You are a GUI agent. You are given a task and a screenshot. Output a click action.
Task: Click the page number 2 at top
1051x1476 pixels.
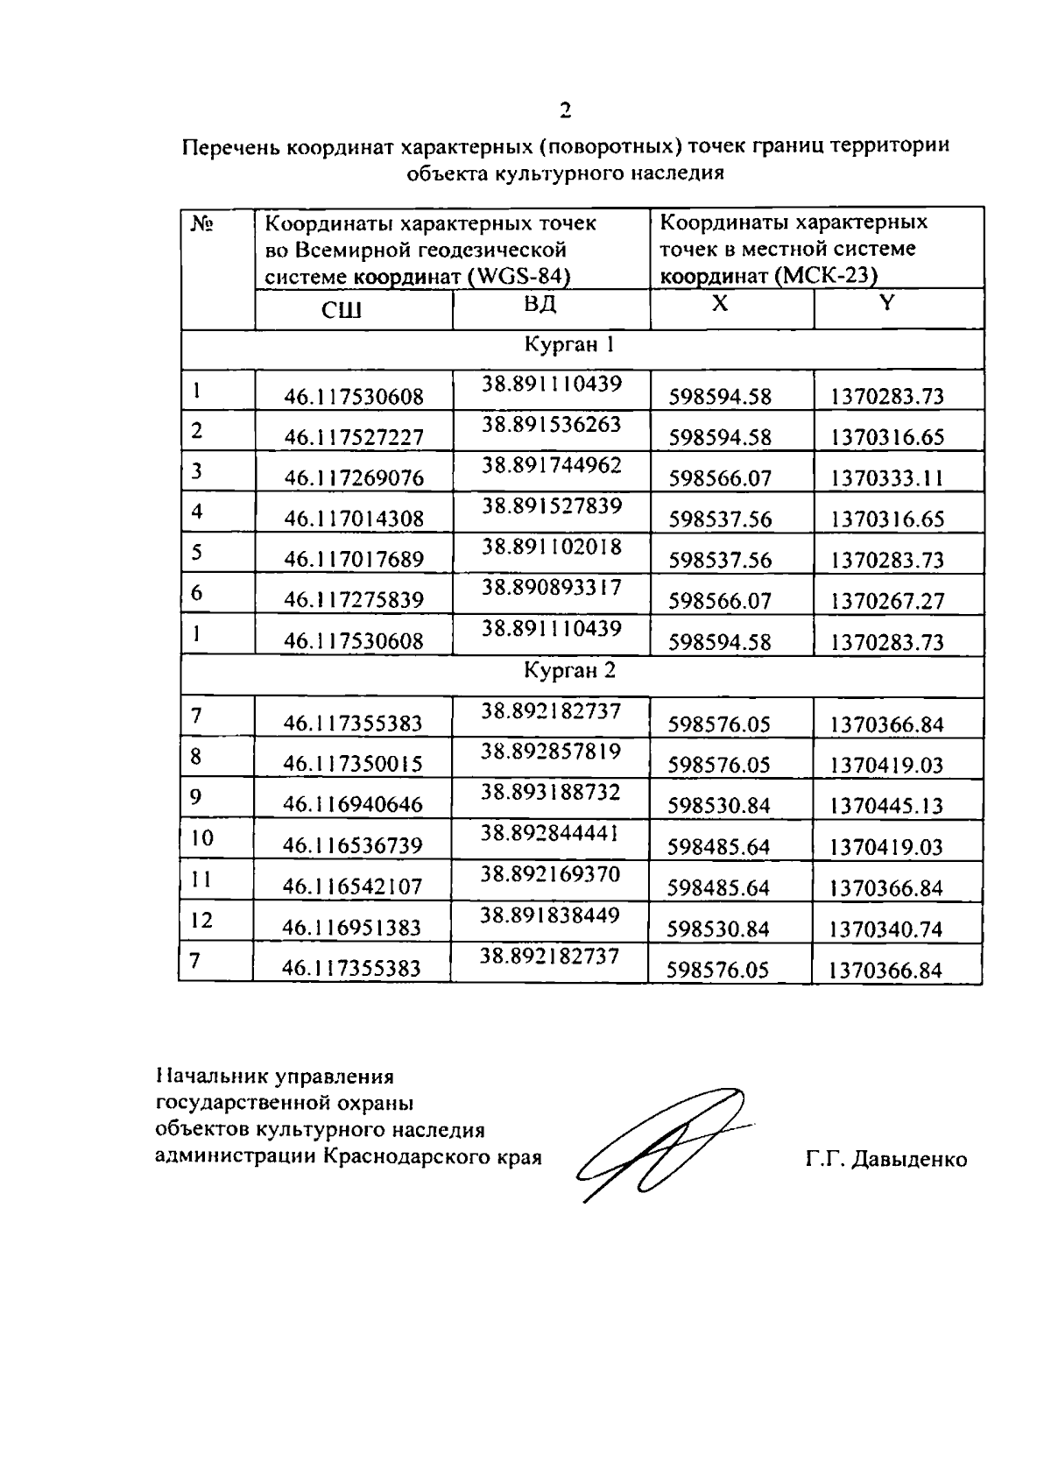click(565, 110)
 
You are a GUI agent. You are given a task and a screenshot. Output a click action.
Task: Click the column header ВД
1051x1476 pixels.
click(540, 304)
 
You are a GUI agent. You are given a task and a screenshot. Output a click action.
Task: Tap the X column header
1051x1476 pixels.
click(719, 303)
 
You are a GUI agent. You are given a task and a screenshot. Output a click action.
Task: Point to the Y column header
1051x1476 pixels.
click(887, 303)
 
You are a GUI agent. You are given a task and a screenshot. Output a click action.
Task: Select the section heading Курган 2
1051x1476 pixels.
click(569, 671)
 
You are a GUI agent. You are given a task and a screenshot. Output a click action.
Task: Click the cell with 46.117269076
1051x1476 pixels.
click(354, 478)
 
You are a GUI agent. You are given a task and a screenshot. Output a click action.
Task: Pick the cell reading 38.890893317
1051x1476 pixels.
click(551, 587)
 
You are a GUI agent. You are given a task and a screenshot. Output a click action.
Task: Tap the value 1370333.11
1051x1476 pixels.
click(887, 478)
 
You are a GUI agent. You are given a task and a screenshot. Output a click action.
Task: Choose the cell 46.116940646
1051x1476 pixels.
click(352, 804)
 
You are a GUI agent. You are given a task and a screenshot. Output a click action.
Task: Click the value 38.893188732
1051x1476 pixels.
click(550, 792)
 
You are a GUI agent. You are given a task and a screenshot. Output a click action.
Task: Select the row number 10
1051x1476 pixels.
click(201, 838)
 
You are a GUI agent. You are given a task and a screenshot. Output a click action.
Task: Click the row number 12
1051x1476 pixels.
click(201, 920)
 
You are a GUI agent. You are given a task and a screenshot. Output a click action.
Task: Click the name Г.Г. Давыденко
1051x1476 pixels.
click(886, 1160)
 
